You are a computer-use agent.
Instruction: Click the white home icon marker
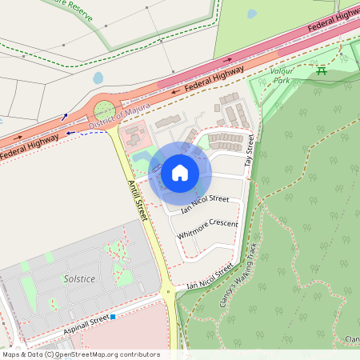coord(180,172)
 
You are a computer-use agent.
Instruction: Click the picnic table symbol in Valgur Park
coord(322,71)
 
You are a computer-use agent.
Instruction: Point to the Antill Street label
coord(138,201)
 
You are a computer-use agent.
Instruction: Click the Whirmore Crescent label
coord(208,228)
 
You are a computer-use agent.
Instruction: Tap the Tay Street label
coord(249,150)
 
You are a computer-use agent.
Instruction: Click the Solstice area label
coord(79,279)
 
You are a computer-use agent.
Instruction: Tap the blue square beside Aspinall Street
coord(113,318)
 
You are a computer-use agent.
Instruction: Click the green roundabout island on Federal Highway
coord(104,110)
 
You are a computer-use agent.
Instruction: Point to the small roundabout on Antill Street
coord(168,293)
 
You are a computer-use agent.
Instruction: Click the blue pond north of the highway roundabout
coord(98,78)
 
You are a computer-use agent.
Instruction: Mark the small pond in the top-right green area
coord(251,14)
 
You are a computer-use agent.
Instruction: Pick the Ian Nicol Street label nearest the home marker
coord(205,205)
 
